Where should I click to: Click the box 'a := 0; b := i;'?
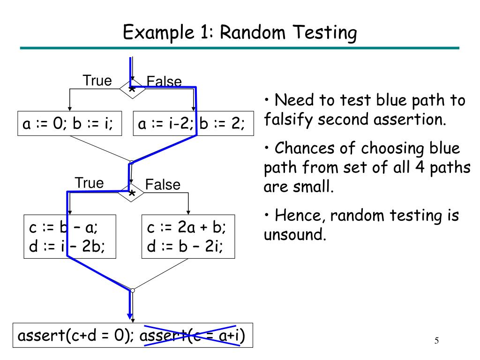[68, 124]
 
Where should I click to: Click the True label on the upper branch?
[97, 81]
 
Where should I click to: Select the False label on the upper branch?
[164, 82]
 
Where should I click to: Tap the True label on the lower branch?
[89, 183]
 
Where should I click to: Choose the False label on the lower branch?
[162, 185]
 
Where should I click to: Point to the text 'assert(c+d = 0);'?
[76, 336]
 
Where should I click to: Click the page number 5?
[436, 340]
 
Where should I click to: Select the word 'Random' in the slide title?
[247, 33]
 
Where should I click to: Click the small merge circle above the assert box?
[133, 291]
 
